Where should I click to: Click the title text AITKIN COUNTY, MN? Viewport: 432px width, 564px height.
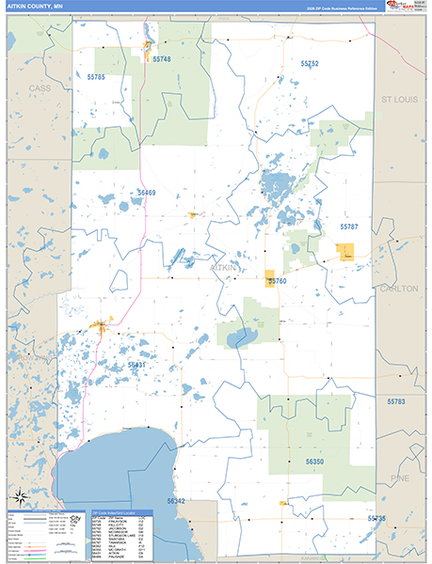click(x=35, y=7)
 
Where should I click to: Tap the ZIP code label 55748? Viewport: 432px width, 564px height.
click(x=161, y=59)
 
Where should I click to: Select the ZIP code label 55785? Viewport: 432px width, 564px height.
click(x=96, y=76)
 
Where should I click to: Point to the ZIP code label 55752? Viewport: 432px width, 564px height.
click(x=310, y=63)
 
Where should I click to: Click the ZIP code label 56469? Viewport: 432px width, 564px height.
click(x=146, y=193)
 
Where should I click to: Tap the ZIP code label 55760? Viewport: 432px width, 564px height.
click(x=277, y=280)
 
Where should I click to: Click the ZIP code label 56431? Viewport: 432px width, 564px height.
click(x=137, y=365)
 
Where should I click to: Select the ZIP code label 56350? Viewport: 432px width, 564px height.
click(x=314, y=462)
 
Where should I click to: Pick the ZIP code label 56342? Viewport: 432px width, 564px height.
click(x=175, y=501)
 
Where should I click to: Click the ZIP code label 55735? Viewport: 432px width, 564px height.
click(x=376, y=518)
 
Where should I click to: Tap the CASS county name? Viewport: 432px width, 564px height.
click(x=40, y=87)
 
